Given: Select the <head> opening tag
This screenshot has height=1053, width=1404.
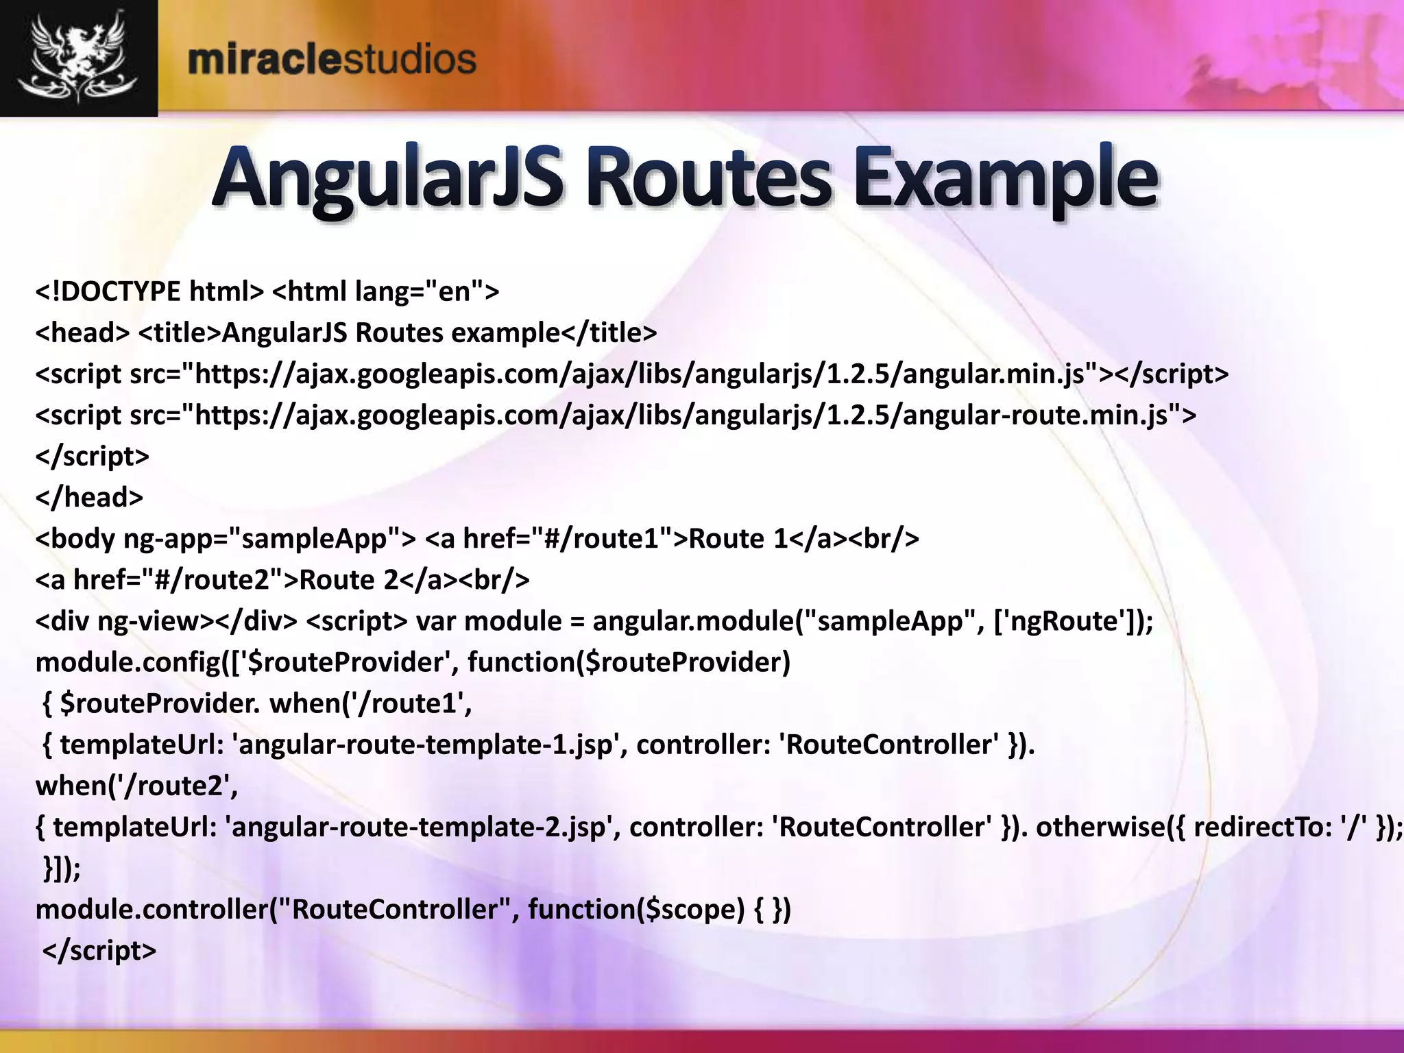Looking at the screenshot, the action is pyautogui.click(x=82, y=333).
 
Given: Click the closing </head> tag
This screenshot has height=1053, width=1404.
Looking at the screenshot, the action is pyautogui.click(x=89, y=498).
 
